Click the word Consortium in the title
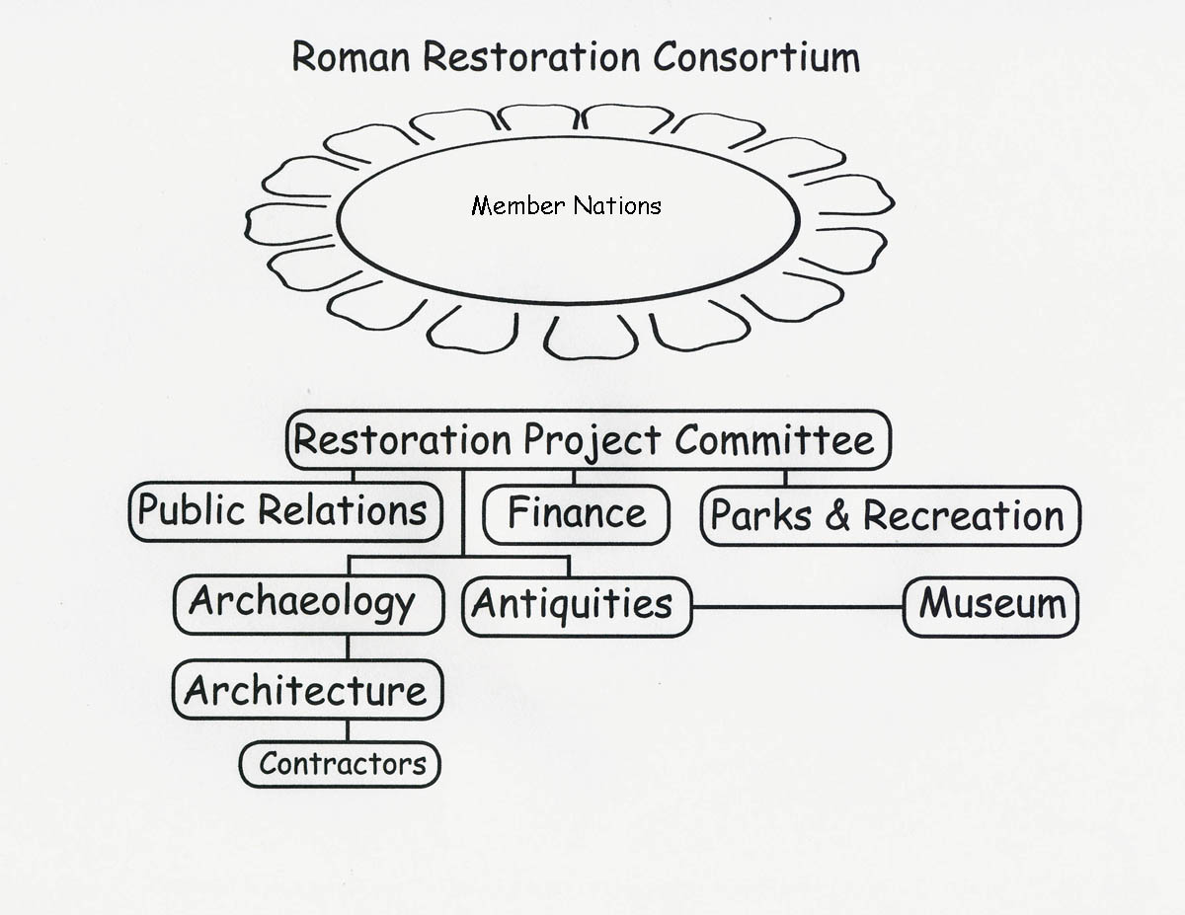[x=756, y=56]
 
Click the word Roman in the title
[x=351, y=56]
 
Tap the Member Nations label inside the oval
[x=566, y=206]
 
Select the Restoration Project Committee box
[x=589, y=440]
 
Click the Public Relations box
[x=285, y=511]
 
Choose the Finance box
[x=576, y=515]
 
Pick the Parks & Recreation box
[x=891, y=516]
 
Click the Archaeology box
[x=309, y=604]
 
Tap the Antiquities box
[x=577, y=607]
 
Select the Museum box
[x=990, y=607]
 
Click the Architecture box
[x=308, y=690]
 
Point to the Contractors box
[x=340, y=764]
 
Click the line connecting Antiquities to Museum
[x=798, y=607]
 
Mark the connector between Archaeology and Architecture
[x=348, y=648]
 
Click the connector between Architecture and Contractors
[x=348, y=730]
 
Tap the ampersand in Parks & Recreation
[x=837, y=515]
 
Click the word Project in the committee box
[x=592, y=441]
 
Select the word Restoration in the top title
[x=531, y=56]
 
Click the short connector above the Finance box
[x=574, y=478]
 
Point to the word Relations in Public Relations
[x=342, y=510]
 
